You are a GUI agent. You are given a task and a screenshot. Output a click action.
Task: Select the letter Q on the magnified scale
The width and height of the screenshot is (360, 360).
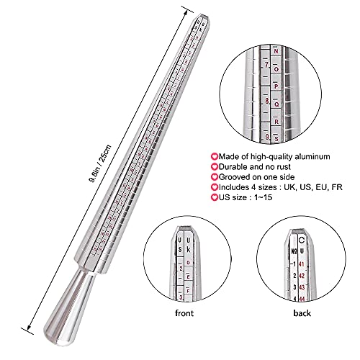(276, 102)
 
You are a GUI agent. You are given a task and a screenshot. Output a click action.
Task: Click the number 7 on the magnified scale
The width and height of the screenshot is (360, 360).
(266, 66)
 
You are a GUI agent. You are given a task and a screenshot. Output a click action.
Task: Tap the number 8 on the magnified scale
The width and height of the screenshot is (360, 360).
(266, 102)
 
